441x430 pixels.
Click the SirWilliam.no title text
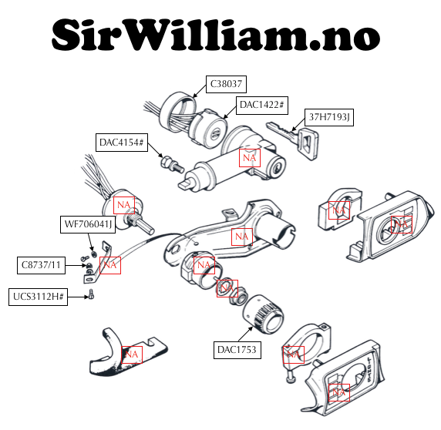(x=216, y=35)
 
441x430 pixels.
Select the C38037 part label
(x=226, y=84)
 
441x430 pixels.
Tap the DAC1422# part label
(x=262, y=105)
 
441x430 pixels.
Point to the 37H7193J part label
(x=329, y=117)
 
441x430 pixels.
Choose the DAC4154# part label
(x=122, y=143)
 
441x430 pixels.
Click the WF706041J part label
(x=88, y=224)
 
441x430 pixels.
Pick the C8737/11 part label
(x=41, y=265)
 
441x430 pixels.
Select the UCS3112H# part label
(x=38, y=297)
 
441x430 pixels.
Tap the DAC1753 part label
(x=237, y=350)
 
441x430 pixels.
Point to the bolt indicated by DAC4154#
(x=172, y=165)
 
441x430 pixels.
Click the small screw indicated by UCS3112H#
(x=91, y=294)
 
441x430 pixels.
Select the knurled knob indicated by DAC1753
(x=263, y=314)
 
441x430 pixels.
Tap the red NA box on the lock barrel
(x=250, y=158)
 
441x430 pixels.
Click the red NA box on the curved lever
(x=132, y=354)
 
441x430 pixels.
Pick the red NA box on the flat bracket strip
(x=110, y=265)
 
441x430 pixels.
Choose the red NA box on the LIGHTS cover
(x=339, y=392)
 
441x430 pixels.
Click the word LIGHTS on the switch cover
(x=371, y=369)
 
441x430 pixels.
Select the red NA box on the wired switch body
(x=124, y=205)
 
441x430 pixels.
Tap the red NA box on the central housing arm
(x=242, y=237)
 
